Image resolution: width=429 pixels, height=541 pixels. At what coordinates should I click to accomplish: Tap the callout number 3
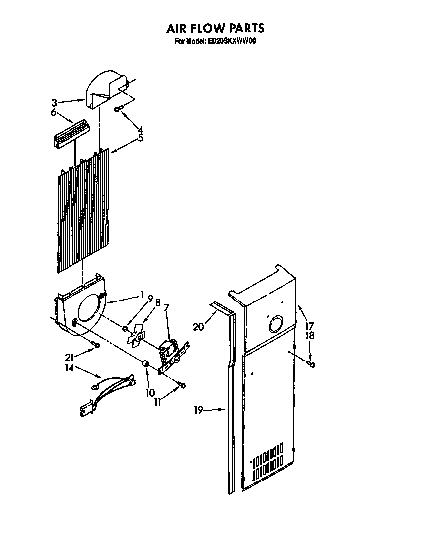pyautogui.click(x=54, y=103)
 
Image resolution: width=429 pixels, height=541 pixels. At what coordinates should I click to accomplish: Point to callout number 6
pyautogui.click(x=54, y=113)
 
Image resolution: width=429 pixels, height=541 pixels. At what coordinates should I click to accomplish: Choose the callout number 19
pyautogui.click(x=199, y=410)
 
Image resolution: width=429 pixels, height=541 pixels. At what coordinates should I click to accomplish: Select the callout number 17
pyautogui.click(x=310, y=326)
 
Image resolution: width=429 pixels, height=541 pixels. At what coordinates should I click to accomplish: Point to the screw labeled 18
pyautogui.click(x=312, y=365)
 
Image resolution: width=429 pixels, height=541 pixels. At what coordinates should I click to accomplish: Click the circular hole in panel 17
pyautogui.click(x=274, y=325)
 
